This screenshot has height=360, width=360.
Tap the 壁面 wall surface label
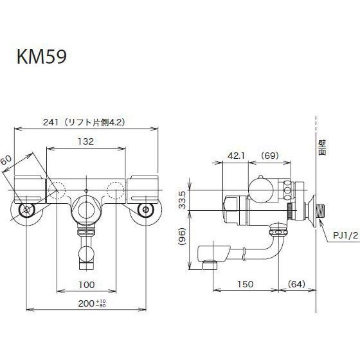[x=323, y=150]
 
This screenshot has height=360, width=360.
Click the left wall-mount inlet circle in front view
[x=26, y=210]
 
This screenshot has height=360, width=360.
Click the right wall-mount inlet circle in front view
[x=146, y=210]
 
